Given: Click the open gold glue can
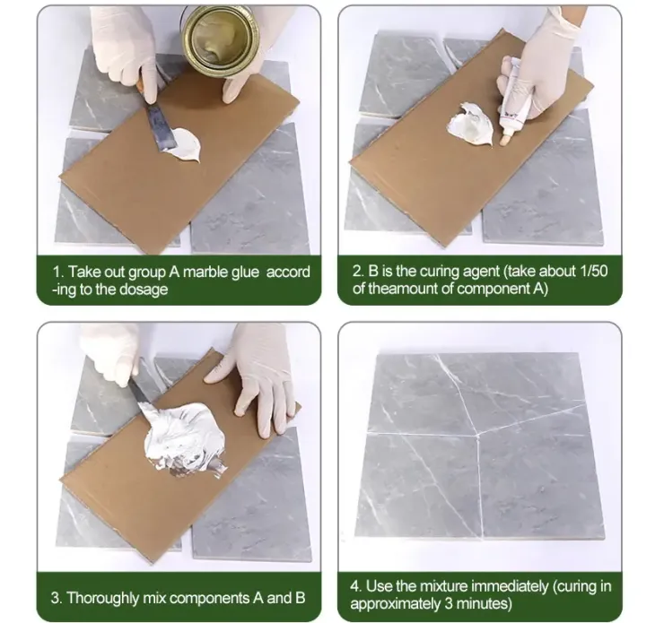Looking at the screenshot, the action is pyautogui.click(x=222, y=39).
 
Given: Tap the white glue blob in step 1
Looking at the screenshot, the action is pyautogui.click(x=185, y=144).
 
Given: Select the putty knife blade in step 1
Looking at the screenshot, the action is pyautogui.click(x=160, y=126).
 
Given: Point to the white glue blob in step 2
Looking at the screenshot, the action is pyautogui.click(x=470, y=124).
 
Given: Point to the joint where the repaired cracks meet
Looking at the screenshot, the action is pyautogui.click(x=477, y=436).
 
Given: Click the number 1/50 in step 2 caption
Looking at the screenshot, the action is pyautogui.click(x=594, y=272).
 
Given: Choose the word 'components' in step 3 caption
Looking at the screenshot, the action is pyautogui.click(x=209, y=599).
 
